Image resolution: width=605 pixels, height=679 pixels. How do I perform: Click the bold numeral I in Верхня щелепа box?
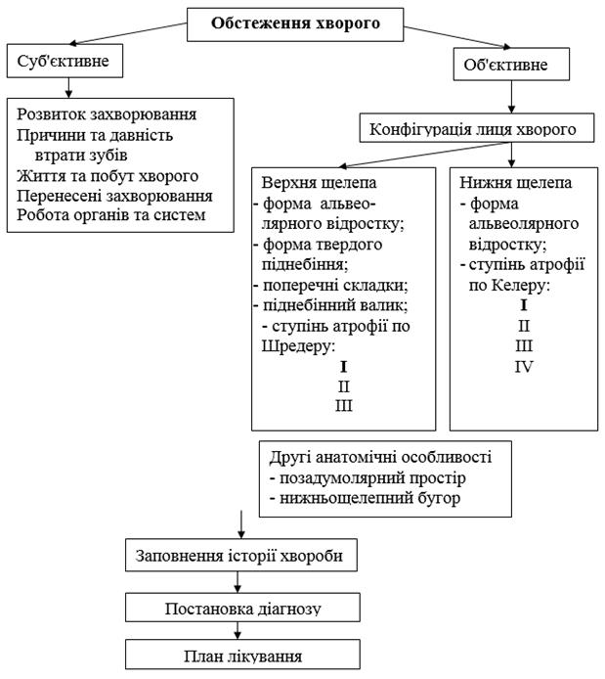point(343,367)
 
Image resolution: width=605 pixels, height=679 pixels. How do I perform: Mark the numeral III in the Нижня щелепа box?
point(523,345)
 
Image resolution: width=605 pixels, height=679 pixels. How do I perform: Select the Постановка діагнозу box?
point(238,608)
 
